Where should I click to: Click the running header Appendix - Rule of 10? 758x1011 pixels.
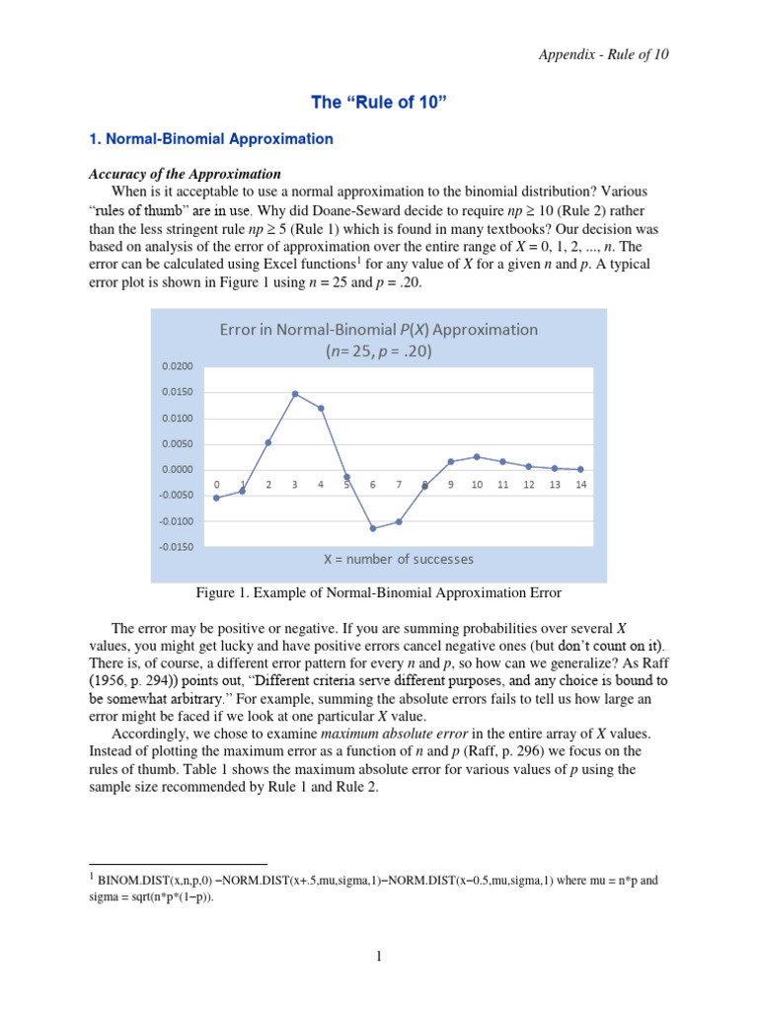(604, 54)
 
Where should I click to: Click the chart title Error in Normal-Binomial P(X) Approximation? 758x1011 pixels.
(379, 330)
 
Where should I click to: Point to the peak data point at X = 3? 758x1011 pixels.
(294, 394)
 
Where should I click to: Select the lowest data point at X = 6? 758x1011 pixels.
(373, 528)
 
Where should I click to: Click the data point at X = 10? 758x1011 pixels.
(477, 457)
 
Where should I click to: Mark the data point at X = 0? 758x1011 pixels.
(216, 498)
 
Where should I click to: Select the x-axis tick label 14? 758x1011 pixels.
(580, 485)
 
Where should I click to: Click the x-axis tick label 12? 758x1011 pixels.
(529, 485)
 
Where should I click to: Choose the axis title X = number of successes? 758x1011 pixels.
(399, 559)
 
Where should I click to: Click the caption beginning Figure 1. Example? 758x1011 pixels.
(379, 593)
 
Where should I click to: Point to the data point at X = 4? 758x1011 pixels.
(321, 408)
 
